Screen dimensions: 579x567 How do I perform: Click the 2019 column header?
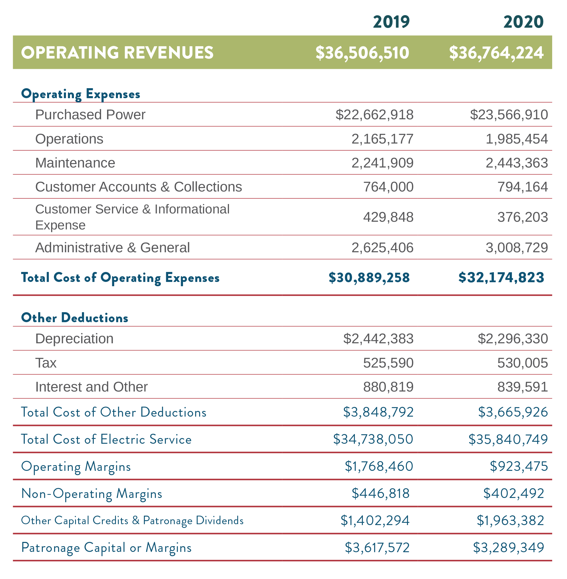coord(391,22)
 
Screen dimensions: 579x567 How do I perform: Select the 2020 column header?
coord(523,22)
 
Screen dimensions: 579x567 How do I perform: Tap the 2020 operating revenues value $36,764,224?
coord(496,53)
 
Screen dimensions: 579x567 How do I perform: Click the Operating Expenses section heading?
coord(81,94)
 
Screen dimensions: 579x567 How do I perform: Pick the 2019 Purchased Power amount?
coord(374,115)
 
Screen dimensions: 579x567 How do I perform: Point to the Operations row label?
coord(69,139)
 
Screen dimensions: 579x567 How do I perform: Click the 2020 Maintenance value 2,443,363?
coord(516,163)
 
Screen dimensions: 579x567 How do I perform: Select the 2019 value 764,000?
coord(388,187)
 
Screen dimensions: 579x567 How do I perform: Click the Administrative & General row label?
coord(112,248)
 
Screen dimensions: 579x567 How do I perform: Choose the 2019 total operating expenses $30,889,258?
coord(369,277)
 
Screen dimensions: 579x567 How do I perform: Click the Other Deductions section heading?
coord(75,318)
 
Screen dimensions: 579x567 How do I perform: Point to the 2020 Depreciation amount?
coord(512,339)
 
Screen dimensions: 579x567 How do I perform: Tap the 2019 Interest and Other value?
coord(388,387)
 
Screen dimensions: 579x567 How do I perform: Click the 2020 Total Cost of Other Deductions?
coord(512,412)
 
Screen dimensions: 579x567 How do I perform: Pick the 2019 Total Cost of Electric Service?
coord(373,439)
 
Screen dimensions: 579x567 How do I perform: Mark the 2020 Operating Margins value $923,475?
coord(518,467)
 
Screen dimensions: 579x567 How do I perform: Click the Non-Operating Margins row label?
coord(92,494)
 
